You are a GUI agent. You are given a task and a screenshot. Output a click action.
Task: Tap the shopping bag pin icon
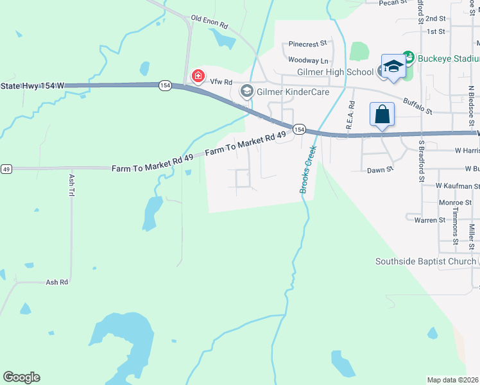382,115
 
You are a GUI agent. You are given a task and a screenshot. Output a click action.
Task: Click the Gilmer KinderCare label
293,92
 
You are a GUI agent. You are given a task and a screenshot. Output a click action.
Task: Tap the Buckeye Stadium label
448,58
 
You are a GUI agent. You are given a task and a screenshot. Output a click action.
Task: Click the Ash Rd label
56,282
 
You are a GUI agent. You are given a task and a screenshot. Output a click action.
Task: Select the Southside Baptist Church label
425,261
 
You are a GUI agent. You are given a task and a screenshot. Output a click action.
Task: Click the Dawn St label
379,170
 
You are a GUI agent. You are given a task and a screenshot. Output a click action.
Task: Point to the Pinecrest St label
308,44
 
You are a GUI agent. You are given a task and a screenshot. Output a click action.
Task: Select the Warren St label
430,220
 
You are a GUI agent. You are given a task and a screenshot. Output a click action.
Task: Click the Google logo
22,377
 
